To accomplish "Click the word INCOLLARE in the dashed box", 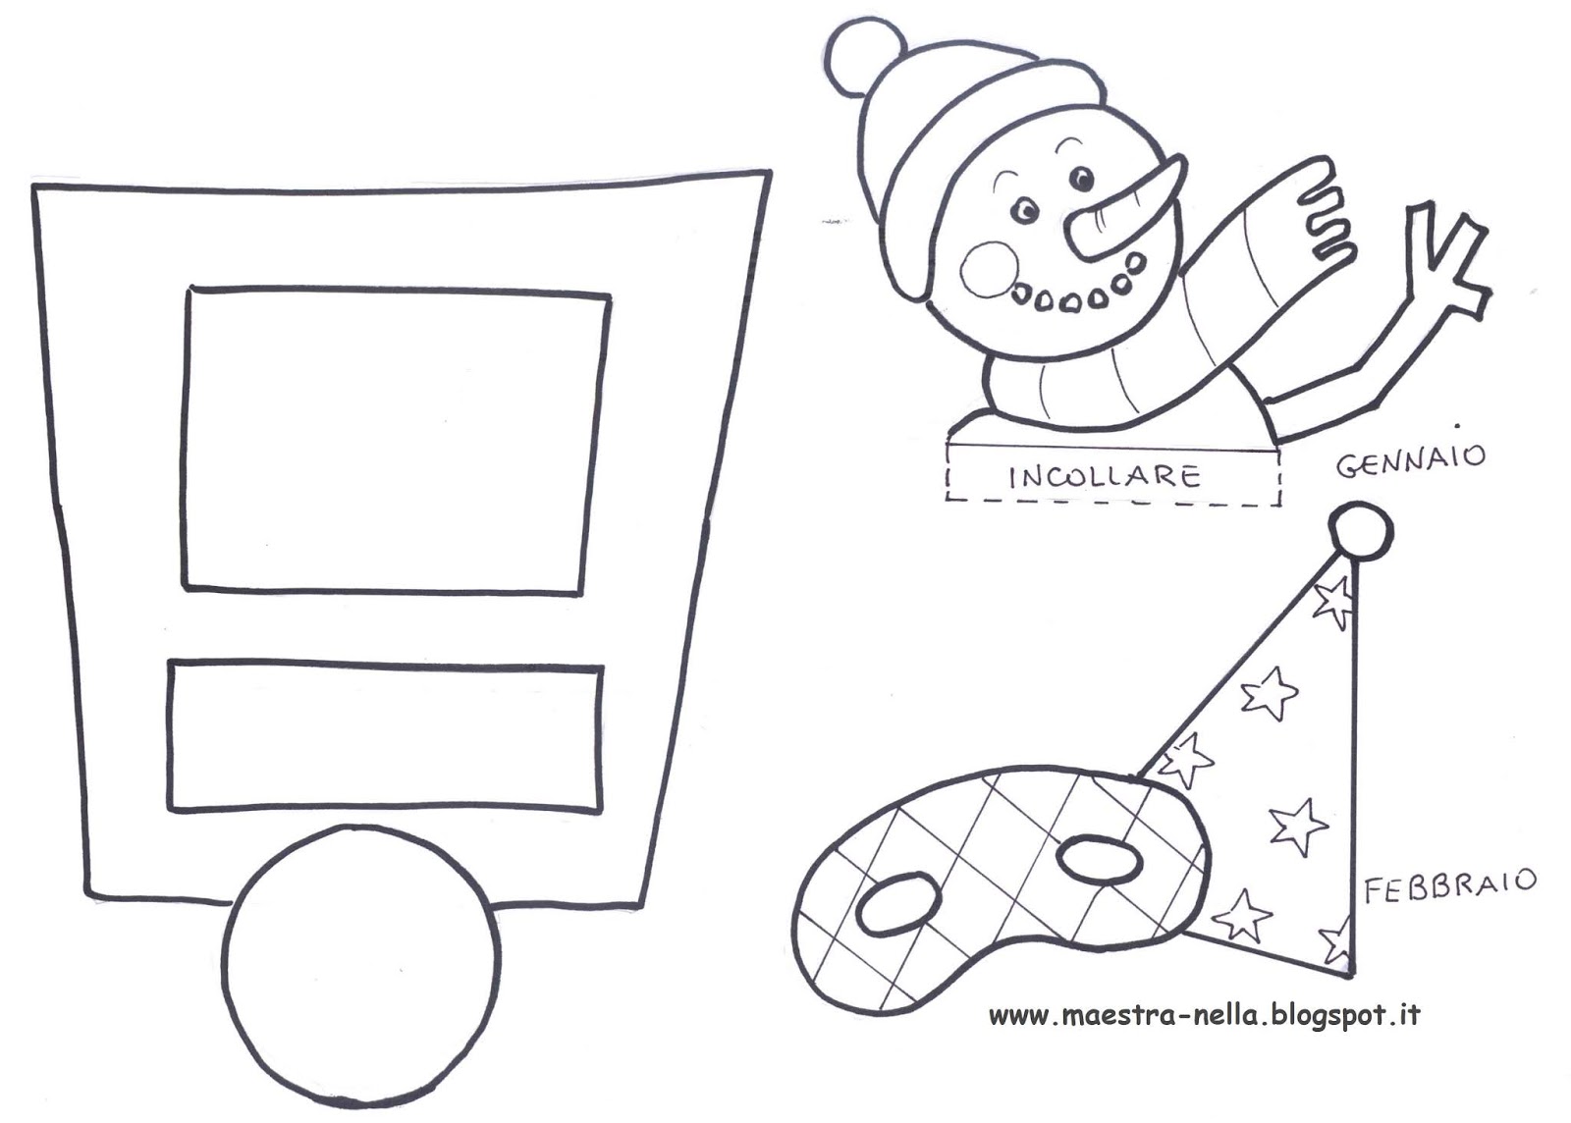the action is [1105, 478].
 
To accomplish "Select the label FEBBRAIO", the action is [1449, 883].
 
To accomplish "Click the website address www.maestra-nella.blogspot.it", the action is [1204, 1016].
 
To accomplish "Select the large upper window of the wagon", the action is [397, 440].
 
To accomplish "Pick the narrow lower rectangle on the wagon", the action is [385, 739].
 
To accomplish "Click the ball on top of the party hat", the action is [1360, 531].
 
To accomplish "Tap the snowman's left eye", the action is [1025, 209].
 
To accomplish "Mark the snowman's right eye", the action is [1081, 178].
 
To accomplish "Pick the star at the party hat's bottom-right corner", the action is [1337, 940].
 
